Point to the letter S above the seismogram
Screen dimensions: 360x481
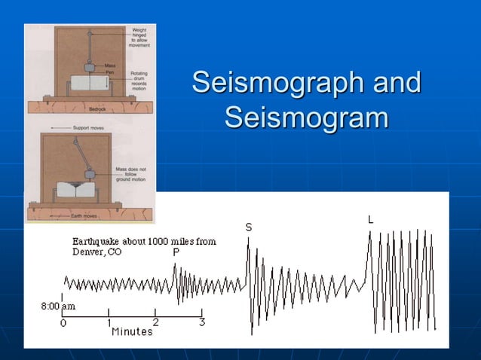249,227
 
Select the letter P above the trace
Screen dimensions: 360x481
176,253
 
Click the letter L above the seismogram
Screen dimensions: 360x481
370,220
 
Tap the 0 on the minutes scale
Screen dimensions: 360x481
63,322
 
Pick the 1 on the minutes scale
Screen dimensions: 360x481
109,322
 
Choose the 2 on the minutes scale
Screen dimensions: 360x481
156,322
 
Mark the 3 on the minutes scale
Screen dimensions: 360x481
202,322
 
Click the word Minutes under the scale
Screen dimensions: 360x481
132,332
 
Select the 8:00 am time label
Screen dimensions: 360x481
57,307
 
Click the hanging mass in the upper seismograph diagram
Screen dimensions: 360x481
89,66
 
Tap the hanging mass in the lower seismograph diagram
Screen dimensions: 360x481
90,175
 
